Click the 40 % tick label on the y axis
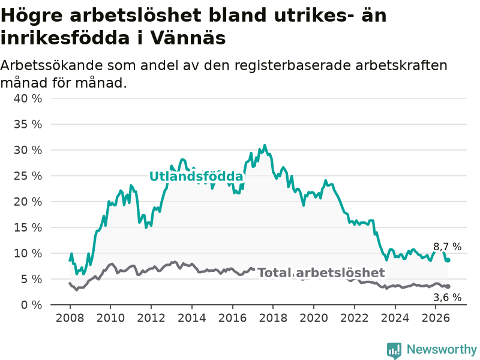point(28,98)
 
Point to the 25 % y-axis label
point(28,176)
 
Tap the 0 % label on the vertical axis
point(32,305)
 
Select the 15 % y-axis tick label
point(28,227)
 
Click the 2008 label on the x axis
point(70,318)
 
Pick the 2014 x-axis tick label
point(192,318)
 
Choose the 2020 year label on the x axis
point(314,318)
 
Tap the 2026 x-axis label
point(436,318)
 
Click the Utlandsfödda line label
point(196,176)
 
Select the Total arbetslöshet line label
point(321,272)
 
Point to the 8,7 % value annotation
point(447,247)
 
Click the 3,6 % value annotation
point(447,297)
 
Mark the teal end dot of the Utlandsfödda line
point(448,260)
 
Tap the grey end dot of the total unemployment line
point(448,286)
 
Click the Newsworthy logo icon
point(394,350)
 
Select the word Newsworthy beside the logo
point(442,349)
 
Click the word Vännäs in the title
point(188,38)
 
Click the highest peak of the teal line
point(265,145)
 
